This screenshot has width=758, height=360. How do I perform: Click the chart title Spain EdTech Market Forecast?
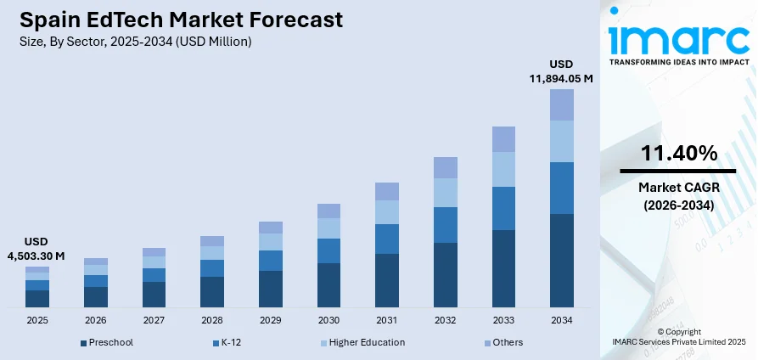tap(178, 19)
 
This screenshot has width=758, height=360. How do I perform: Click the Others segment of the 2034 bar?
tap(561, 104)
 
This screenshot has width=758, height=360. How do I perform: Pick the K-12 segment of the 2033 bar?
tap(503, 208)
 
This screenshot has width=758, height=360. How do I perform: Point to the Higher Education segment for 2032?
tap(445, 193)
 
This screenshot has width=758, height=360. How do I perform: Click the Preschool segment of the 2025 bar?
tap(37, 298)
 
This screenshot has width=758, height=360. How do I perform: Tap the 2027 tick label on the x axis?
tap(154, 321)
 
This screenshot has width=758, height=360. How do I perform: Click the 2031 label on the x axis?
tap(386, 321)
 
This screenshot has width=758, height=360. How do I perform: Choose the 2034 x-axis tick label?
tap(561, 321)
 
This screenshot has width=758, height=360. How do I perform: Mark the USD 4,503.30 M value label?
tap(36, 249)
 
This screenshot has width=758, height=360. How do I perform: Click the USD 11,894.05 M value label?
tap(561, 71)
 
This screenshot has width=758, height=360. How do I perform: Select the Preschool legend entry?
tap(107, 342)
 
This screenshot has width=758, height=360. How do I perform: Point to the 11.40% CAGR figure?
tap(678, 154)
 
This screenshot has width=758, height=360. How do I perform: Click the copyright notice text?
tap(678, 336)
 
